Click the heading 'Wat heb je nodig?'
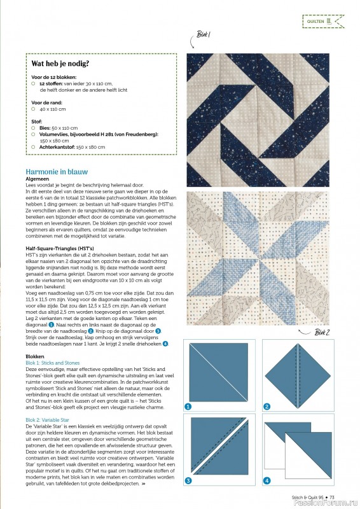(x=60, y=64)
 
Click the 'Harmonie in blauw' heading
(x=57, y=172)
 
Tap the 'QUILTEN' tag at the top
(x=322, y=22)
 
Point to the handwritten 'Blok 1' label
(x=204, y=34)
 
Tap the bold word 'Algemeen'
(x=38, y=179)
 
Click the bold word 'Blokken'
(x=35, y=357)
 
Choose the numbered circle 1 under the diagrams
(x=188, y=406)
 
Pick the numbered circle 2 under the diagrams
(x=267, y=406)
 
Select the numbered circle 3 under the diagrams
(x=188, y=480)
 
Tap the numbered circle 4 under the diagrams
(x=267, y=480)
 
